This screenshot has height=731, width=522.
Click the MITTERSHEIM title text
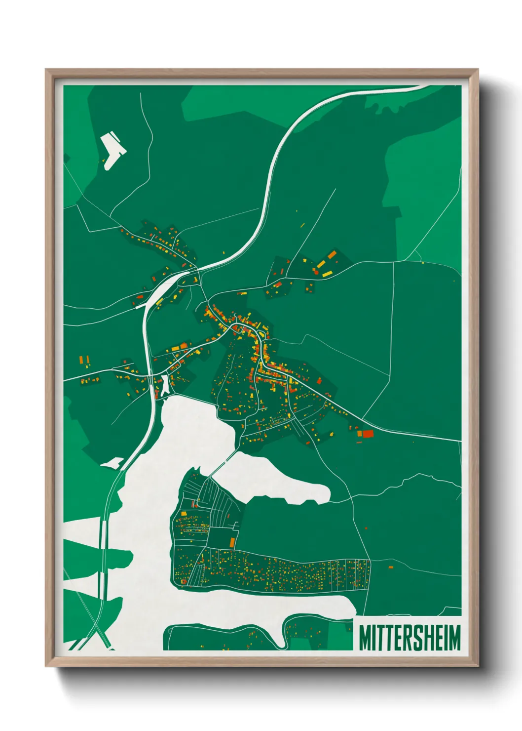409,638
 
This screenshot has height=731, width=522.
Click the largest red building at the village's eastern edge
368,434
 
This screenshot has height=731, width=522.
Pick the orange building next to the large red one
360,434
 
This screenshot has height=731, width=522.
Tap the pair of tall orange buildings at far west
84,360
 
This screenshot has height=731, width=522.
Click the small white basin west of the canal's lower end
112,463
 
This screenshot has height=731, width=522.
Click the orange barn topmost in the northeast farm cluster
332,254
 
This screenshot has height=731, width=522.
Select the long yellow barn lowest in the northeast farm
328,273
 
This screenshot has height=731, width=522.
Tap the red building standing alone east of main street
319,380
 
